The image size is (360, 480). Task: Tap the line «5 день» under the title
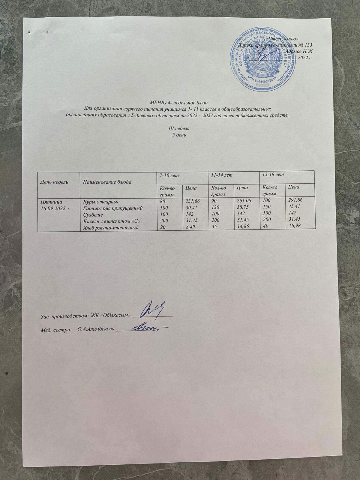[179, 135]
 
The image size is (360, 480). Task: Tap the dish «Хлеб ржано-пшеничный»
[109, 229]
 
